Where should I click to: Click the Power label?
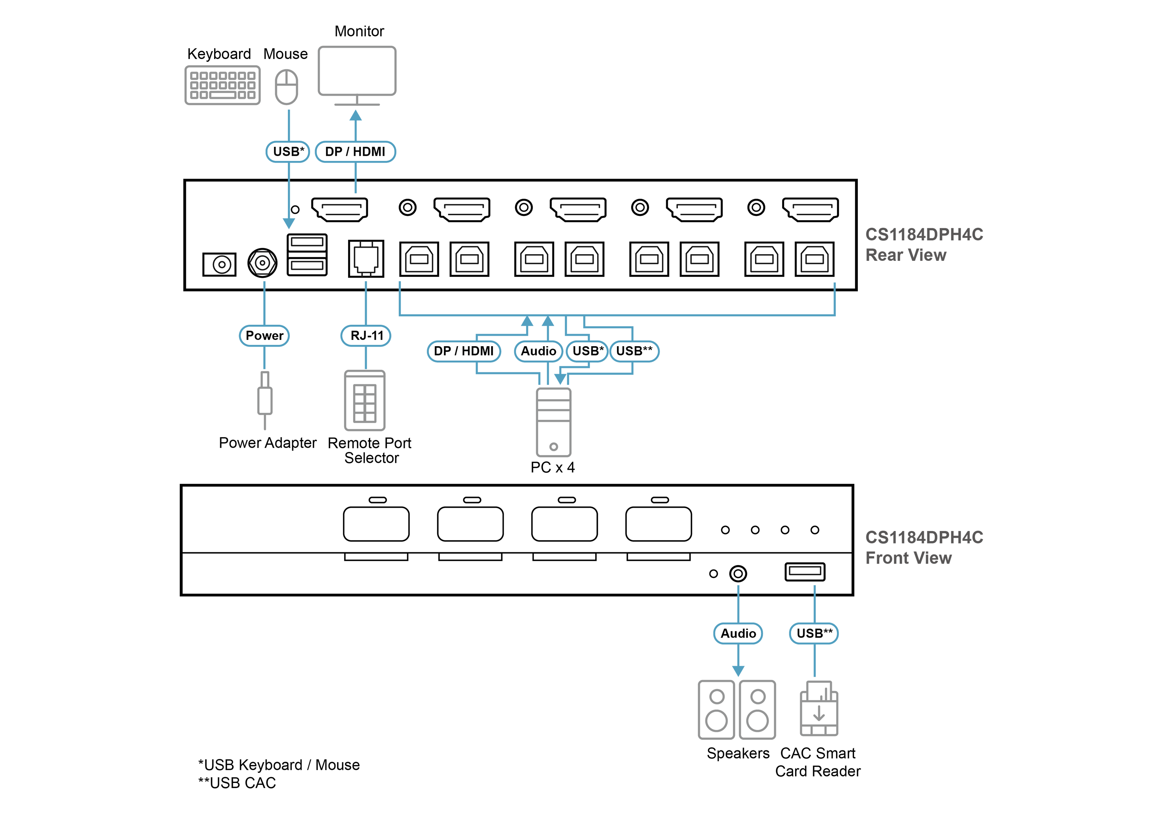pos(264,336)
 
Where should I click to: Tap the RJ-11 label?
pos(366,336)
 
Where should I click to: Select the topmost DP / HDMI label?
pos(355,152)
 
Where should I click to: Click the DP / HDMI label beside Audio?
pos(463,351)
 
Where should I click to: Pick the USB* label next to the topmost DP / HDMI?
pos(288,152)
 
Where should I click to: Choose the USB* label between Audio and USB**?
pos(587,351)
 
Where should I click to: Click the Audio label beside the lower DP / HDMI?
pos(539,351)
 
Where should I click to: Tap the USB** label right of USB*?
pos(634,351)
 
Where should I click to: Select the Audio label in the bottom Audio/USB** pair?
pos(738,634)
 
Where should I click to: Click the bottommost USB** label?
pos(814,634)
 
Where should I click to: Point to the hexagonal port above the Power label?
pos(262,262)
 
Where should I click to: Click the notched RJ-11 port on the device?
pos(366,258)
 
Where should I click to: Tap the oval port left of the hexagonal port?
pos(220,264)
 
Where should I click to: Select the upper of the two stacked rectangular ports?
pos(307,242)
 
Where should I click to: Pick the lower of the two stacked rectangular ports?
pos(307,266)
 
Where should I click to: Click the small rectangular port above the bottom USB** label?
pos(805,571)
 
